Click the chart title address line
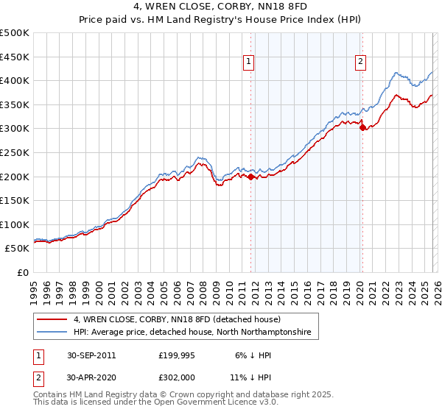(220, 8)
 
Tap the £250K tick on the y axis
(15, 152)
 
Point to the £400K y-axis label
(15, 80)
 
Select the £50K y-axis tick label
(17, 249)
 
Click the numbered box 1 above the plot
(250, 63)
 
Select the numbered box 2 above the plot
(361, 63)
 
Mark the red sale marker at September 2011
(250, 177)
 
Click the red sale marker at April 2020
(362, 127)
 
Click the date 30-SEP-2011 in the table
(91, 355)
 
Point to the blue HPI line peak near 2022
(396, 73)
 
